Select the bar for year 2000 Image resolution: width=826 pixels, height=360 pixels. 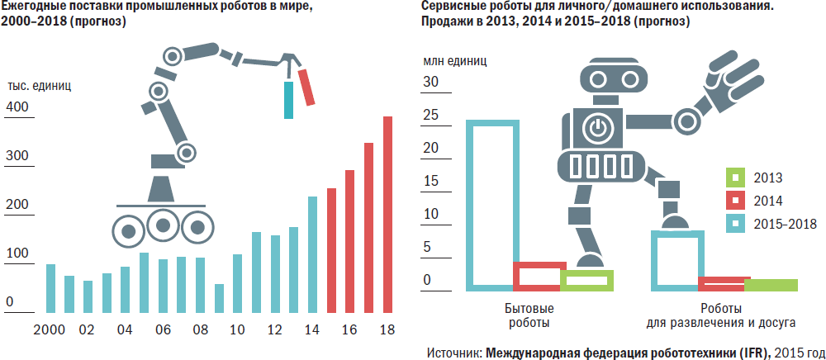50,289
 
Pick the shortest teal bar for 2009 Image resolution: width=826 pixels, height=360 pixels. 219,299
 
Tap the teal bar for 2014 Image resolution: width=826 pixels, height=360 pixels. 312,255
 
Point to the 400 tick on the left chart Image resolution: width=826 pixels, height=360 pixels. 17,107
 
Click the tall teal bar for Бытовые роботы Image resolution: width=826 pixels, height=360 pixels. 491,206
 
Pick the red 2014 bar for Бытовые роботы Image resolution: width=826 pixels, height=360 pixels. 537,276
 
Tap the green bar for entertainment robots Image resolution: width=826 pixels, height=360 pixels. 771,286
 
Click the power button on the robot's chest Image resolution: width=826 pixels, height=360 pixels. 597,128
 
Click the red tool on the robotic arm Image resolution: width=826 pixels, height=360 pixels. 307,88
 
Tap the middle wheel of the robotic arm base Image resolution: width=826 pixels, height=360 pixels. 164,225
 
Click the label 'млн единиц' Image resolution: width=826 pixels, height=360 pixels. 455,60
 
